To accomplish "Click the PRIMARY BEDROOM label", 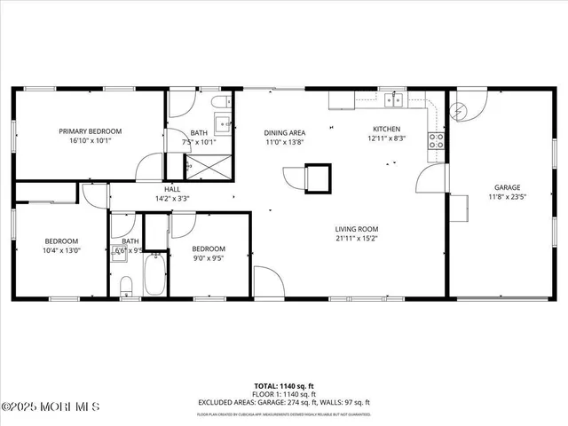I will [90, 130].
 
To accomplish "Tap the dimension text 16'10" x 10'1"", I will [90, 140].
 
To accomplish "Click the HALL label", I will [172, 188].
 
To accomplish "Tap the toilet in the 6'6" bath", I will [126, 284].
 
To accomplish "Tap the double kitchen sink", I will [393, 100].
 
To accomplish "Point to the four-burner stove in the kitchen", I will [436, 139].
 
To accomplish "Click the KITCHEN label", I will [386, 129].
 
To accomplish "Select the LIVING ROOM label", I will [357, 228].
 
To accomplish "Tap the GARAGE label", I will [508, 187].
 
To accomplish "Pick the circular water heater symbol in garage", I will [459, 110].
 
